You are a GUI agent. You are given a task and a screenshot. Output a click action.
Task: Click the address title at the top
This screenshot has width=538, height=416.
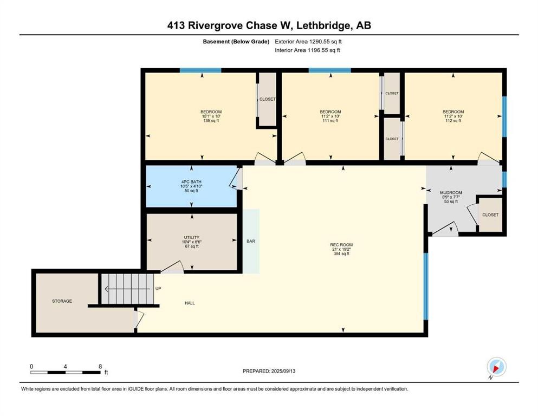click(269, 25)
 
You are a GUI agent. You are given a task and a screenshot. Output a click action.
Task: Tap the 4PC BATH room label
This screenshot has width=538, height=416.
click(191, 186)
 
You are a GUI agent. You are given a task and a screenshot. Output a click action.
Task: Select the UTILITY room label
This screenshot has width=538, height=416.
click(191, 242)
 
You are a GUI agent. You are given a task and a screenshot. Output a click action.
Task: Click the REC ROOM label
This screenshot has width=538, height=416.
click(341, 249)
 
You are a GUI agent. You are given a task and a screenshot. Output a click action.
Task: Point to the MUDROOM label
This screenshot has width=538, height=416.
click(451, 197)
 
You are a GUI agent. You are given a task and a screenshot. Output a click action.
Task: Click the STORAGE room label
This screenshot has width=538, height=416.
click(62, 301)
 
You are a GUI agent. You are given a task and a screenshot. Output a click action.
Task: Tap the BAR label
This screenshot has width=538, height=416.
click(251, 241)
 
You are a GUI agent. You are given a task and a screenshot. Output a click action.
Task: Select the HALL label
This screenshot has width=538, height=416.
click(190, 303)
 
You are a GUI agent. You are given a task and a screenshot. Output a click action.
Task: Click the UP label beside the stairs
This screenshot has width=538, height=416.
click(158, 289)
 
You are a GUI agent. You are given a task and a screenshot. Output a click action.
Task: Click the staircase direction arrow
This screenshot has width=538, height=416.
click(127, 289)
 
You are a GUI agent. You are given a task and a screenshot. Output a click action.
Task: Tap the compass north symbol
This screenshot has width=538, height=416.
click(496, 367)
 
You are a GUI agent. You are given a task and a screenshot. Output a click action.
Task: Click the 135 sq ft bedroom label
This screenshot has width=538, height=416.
click(211, 116)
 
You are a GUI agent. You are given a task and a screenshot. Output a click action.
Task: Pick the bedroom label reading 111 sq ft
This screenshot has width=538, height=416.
click(330, 116)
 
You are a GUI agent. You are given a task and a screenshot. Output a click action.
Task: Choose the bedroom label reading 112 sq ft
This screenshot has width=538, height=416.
click(453, 116)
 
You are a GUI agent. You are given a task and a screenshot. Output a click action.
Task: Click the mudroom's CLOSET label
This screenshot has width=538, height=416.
click(490, 214)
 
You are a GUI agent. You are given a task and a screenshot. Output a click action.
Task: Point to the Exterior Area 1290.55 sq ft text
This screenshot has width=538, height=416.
click(308, 42)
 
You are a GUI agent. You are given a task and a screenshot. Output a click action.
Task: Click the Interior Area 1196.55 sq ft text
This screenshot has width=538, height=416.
click(307, 50)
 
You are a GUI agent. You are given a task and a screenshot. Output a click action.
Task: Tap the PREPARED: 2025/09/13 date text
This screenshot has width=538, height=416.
click(269, 371)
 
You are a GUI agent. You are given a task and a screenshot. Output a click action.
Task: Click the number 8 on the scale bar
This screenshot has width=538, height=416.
click(100, 366)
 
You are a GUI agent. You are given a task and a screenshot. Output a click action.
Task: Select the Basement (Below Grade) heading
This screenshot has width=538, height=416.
click(236, 42)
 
